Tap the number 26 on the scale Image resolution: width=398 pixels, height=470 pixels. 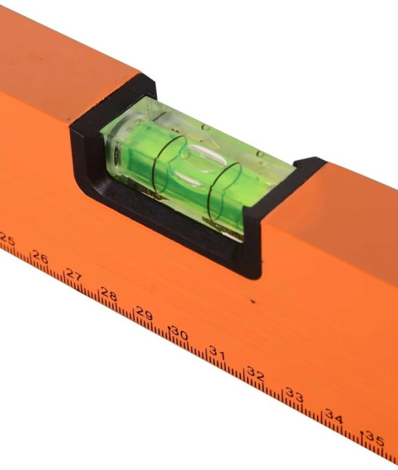click(40, 257)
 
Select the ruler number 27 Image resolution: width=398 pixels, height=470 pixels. click(74, 275)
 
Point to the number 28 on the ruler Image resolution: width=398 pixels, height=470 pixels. click(109, 294)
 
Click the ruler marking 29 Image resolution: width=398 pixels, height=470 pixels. click(144, 313)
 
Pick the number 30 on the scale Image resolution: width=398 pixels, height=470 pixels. click(180, 333)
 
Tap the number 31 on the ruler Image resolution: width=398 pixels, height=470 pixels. click(217, 353)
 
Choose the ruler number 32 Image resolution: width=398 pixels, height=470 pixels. click(255, 374)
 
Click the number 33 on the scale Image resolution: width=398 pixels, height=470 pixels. click(294, 395)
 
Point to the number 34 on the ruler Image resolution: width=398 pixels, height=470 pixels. click(334, 417)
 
